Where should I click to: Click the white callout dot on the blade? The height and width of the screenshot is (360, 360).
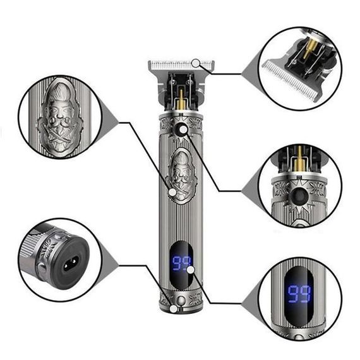point(196,63)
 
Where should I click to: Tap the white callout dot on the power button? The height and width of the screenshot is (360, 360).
point(183,130)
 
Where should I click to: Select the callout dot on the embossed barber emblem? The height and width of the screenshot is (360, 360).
point(172,192)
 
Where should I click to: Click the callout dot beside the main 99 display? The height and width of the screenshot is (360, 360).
point(191,270)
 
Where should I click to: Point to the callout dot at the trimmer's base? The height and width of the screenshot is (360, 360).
point(174,309)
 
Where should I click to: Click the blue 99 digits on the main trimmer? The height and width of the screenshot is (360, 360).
point(181,263)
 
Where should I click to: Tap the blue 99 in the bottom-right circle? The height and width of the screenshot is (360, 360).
point(299,294)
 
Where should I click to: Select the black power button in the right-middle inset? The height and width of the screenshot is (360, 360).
point(297,196)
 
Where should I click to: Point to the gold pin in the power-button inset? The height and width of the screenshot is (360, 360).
point(299,159)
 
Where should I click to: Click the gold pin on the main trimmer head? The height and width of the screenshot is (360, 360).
point(181,100)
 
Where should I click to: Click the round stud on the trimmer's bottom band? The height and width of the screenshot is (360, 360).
point(181,300)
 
